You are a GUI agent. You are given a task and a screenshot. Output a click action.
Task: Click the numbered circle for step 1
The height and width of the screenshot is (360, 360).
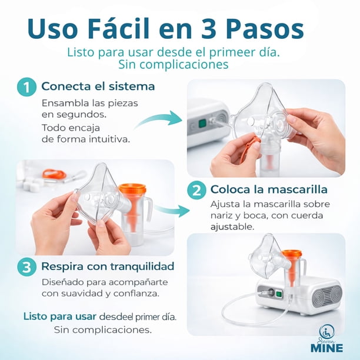(x=26, y=87)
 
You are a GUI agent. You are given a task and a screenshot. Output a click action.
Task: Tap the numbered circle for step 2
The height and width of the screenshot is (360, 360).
(x=196, y=190)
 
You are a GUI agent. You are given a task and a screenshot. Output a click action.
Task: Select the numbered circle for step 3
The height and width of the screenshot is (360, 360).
(x=26, y=267)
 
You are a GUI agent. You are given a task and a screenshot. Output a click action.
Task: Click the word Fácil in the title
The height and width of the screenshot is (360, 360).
(x=118, y=29)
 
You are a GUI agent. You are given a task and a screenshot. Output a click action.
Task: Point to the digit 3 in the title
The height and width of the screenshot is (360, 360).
(x=209, y=29)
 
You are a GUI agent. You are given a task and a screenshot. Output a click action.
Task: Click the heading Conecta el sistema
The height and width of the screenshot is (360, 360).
(x=98, y=86)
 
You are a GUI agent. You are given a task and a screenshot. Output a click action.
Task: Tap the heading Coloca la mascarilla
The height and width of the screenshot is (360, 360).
(x=269, y=189)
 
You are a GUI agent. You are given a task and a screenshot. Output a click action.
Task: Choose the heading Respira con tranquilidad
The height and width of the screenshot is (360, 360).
(x=108, y=266)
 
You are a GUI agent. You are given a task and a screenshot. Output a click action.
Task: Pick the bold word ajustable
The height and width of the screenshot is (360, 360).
(x=232, y=227)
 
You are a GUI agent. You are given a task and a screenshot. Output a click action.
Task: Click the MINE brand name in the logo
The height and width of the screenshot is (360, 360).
(x=327, y=348)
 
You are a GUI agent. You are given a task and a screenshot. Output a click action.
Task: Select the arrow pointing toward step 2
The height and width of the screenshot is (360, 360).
(x=172, y=210)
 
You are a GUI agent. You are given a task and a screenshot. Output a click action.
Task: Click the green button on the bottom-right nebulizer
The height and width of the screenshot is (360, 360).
(x=279, y=294)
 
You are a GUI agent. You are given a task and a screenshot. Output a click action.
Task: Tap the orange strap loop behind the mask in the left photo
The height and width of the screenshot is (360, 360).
(x=54, y=174)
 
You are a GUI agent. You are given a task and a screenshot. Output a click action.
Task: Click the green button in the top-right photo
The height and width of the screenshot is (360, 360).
(x=202, y=124)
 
